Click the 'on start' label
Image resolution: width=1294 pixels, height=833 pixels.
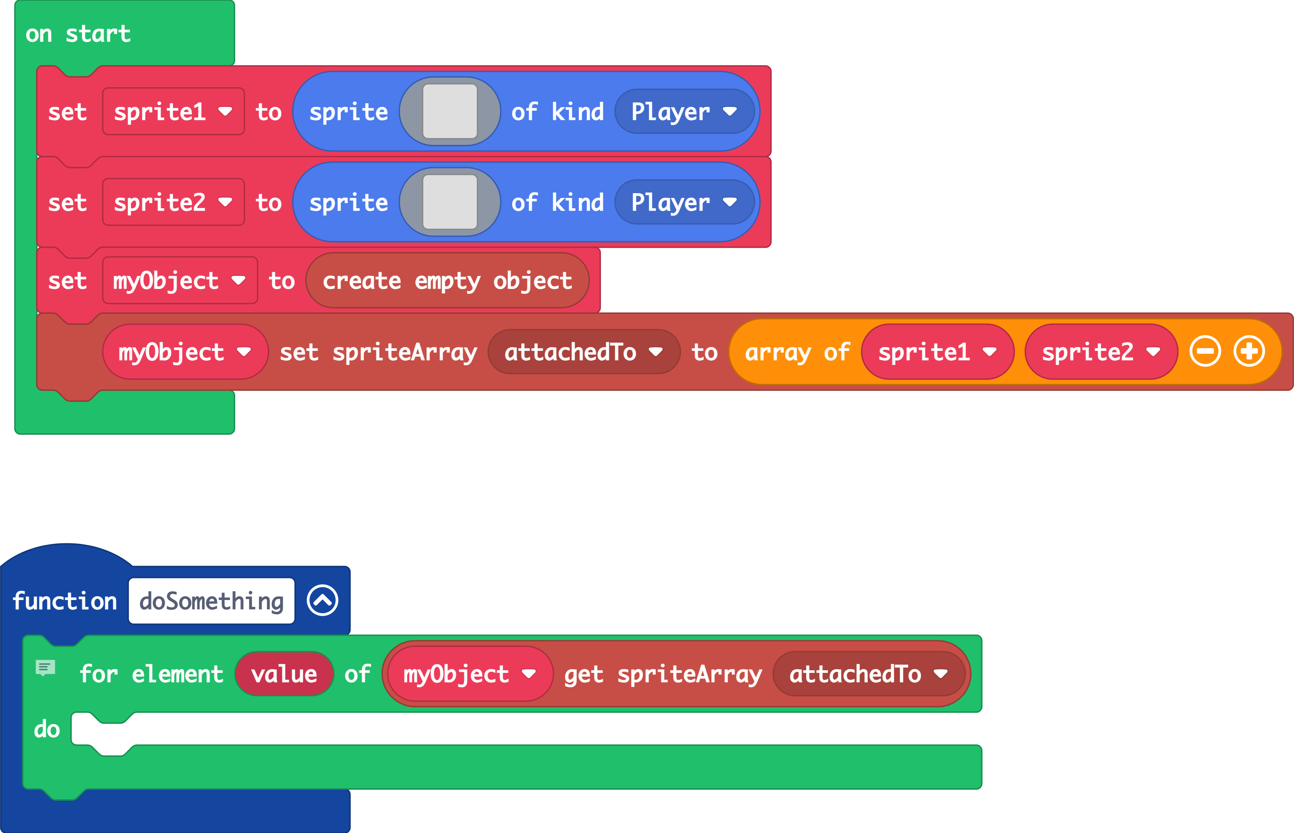(x=78, y=34)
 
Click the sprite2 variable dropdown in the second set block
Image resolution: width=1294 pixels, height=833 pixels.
(x=173, y=202)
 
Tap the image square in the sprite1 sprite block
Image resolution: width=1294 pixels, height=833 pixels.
(x=450, y=111)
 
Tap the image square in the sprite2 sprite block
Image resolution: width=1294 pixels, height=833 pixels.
(x=450, y=202)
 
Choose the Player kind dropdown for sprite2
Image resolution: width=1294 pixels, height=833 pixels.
(x=684, y=202)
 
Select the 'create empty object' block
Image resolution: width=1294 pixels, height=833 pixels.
(x=447, y=281)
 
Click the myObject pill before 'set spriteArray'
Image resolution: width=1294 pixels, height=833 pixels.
(x=184, y=352)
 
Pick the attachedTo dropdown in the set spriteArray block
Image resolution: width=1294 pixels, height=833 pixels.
(x=583, y=352)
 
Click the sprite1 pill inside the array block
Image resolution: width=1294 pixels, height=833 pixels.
(x=937, y=352)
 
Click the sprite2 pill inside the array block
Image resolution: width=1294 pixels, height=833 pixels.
(x=1101, y=352)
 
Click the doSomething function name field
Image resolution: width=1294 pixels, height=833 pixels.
(x=211, y=601)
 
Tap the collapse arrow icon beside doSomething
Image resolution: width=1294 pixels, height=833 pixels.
(x=323, y=600)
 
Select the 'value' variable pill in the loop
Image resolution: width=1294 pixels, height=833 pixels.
(x=284, y=674)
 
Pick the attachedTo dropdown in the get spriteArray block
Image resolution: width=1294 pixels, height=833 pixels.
(x=868, y=674)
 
